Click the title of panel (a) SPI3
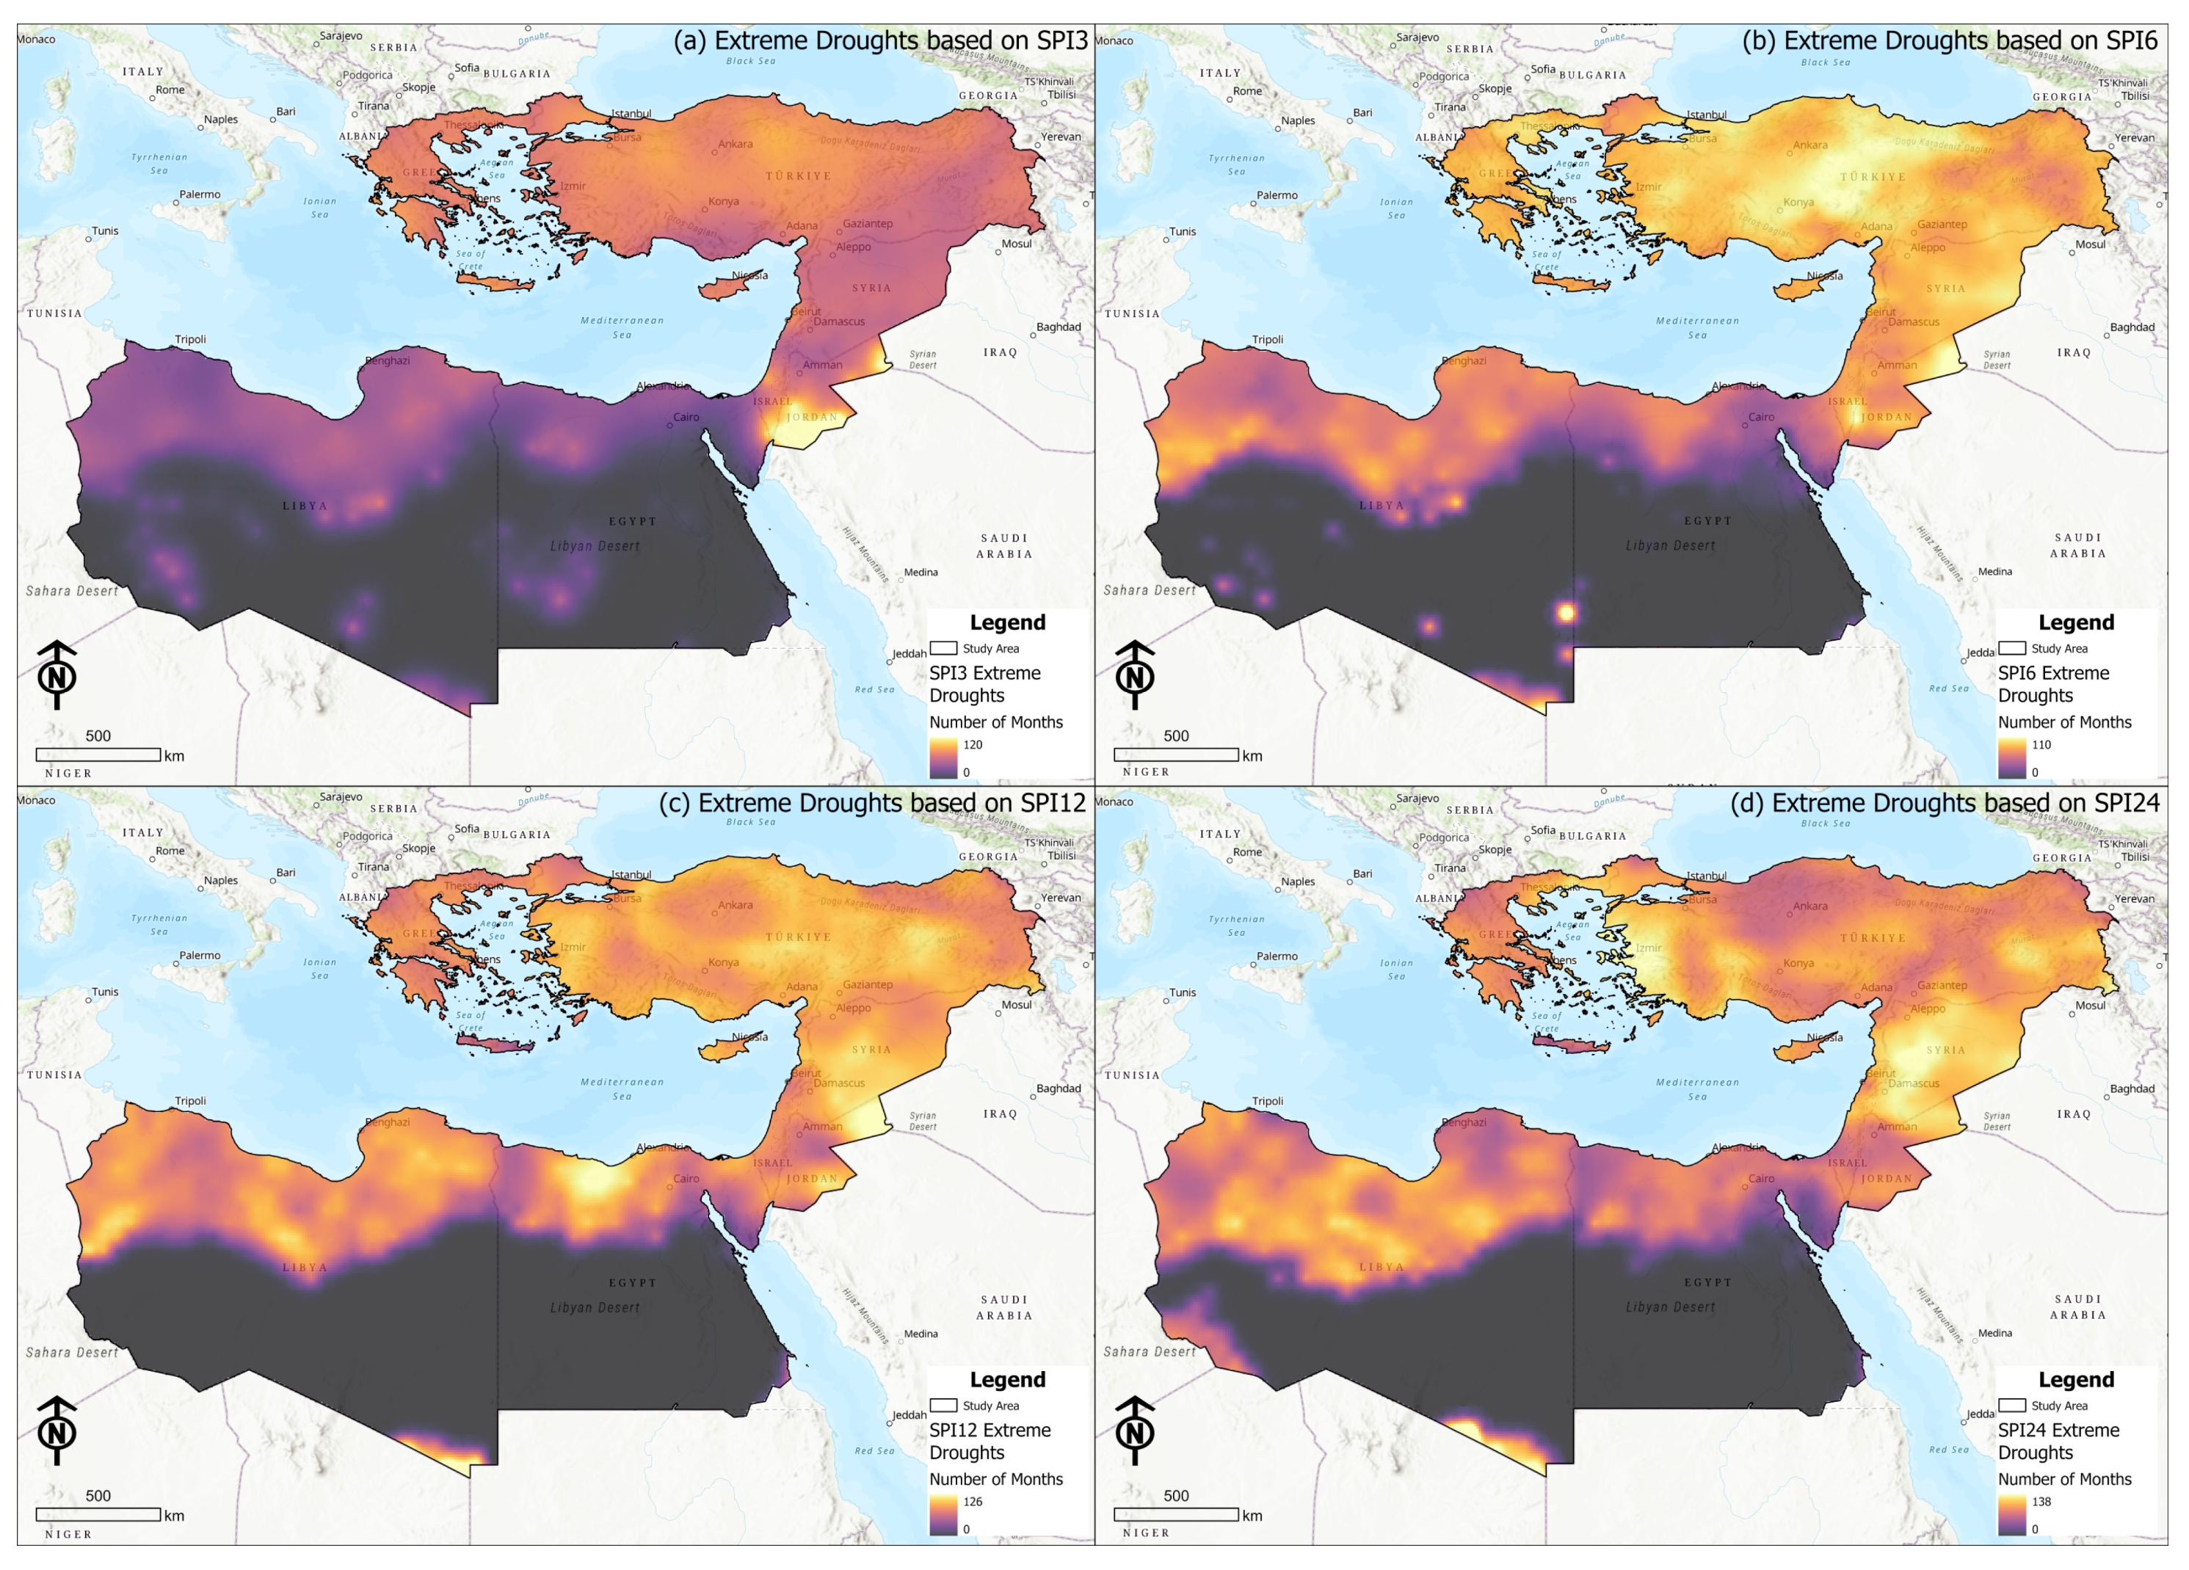(879, 40)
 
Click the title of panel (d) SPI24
(1944, 803)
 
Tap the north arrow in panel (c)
(57, 1430)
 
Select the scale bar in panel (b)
(1175, 755)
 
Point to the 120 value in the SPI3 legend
(972, 745)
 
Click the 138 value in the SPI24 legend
(2041, 1502)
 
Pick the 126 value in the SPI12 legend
(972, 1502)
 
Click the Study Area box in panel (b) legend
(2011, 647)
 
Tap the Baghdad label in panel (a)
(1058, 326)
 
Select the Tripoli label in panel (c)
(190, 1100)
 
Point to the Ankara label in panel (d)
(1809, 906)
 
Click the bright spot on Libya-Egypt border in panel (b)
(1566, 612)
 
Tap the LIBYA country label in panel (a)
(305, 506)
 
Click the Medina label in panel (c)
(920, 1334)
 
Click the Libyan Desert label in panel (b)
(1670, 545)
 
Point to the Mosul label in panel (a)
(1015, 243)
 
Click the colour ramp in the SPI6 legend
(2011, 758)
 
